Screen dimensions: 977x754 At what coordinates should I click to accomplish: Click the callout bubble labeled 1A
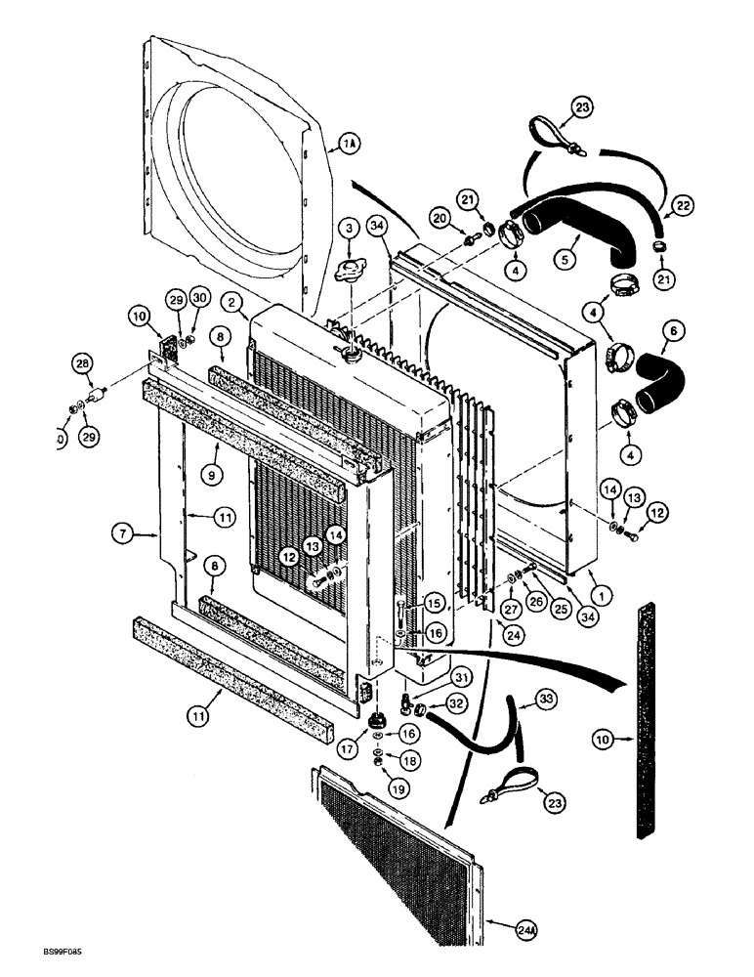[x=350, y=146]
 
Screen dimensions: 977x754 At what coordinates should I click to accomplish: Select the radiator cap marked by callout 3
[x=347, y=271]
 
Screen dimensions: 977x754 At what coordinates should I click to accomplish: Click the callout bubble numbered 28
[x=81, y=364]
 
